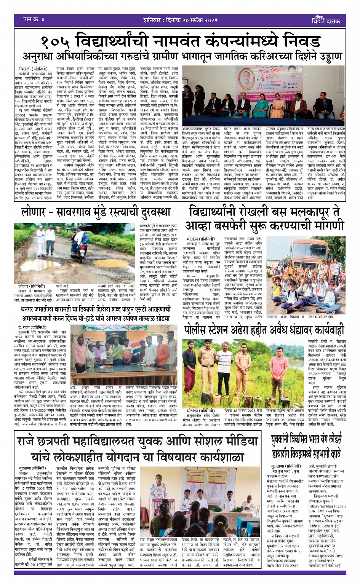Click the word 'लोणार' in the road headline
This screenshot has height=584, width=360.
36,212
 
